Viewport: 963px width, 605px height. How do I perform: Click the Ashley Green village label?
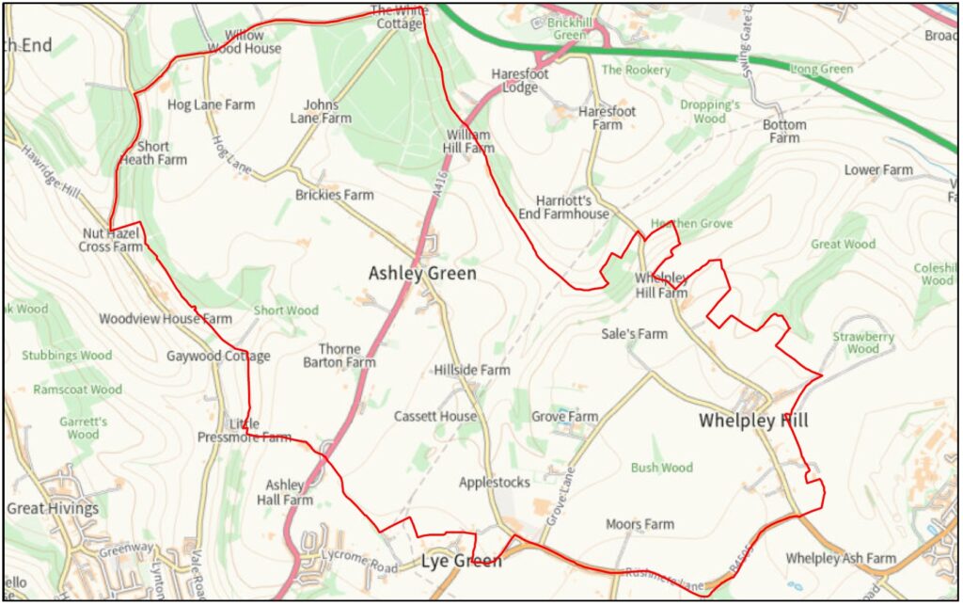422,274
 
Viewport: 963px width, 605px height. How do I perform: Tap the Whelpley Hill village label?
753,421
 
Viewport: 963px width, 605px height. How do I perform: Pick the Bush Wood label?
661,468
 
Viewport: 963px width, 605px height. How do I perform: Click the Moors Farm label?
639,524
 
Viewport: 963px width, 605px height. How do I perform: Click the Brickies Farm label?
334,195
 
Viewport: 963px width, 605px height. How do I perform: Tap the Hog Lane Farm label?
211,104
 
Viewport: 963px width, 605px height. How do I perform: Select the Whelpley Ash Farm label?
841,559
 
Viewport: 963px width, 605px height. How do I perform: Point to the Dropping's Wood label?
710,112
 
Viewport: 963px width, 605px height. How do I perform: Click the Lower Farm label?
878,170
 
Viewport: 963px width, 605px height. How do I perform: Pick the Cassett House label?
435,416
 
